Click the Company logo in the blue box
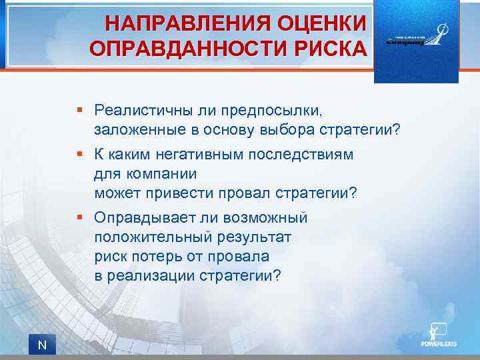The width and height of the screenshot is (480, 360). point(416,37)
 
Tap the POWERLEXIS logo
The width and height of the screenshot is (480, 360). point(437,336)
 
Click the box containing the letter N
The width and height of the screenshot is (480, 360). point(42,345)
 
